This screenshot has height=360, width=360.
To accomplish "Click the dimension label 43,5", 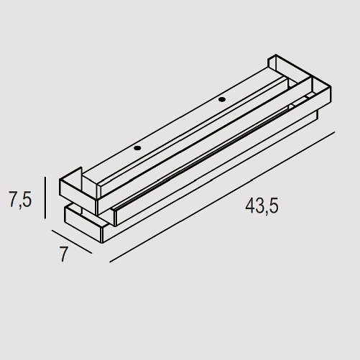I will click(262, 206).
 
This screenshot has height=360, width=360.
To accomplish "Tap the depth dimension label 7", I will click(63, 254).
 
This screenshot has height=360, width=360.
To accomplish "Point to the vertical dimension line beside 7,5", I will click(45, 198).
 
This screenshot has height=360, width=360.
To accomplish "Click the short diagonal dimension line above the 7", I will click(72, 241).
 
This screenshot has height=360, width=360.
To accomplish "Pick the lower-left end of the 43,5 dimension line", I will click(110, 262).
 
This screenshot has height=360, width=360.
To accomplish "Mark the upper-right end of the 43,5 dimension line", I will click(335, 131).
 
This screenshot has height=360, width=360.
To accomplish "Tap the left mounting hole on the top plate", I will click(138, 149).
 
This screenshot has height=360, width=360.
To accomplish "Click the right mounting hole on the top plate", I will click(222, 99).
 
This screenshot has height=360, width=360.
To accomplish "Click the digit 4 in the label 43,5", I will click(250, 206).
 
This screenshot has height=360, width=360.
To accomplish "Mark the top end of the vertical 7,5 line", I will click(45, 177).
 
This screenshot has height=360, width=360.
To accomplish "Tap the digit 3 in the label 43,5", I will click(259, 206).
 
